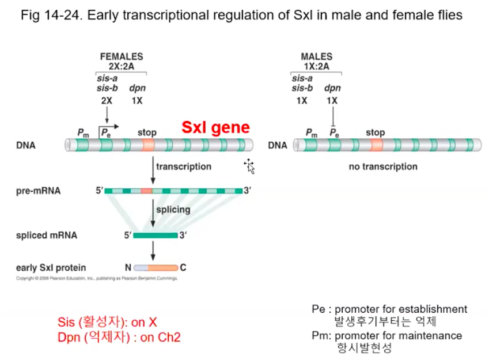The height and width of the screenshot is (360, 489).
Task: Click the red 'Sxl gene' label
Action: [x=216, y=127]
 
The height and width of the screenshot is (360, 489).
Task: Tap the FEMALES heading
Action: [x=122, y=56]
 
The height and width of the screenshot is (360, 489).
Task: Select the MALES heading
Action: [x=316, y=56]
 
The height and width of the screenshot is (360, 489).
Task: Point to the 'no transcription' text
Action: [x=383, y=166]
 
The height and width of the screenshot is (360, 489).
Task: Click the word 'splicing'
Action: [x=173, y=209]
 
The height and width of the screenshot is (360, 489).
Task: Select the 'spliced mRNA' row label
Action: [x=47, y=235]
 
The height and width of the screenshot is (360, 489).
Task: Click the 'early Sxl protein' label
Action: [x=51, y=267]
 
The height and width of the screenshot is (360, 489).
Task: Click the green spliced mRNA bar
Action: [x=156, y=235]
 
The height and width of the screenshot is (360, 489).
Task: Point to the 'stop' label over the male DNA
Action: [x=375, y=132]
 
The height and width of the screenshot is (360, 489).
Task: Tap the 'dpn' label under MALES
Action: [x=332, y=88]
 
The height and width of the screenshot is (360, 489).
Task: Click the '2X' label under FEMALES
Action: [x=107, y=100]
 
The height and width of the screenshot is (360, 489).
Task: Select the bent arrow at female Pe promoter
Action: [x=109, y=126]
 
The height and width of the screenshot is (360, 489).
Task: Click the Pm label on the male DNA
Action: [x=312, y=133]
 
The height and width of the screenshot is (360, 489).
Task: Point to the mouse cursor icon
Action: [x=249, y=166]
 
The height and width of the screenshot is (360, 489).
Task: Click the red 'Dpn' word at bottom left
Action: [x=70, y=338]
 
